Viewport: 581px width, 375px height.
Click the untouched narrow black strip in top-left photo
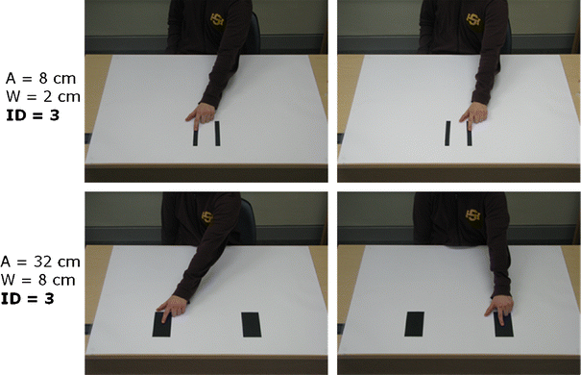pos(218,134)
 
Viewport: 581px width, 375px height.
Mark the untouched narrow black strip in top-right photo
pos(448,134)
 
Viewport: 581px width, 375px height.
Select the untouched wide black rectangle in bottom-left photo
pos(252,324)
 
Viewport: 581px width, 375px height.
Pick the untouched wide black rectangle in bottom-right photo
pos(415,324)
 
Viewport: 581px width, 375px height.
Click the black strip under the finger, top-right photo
pos(470,136)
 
